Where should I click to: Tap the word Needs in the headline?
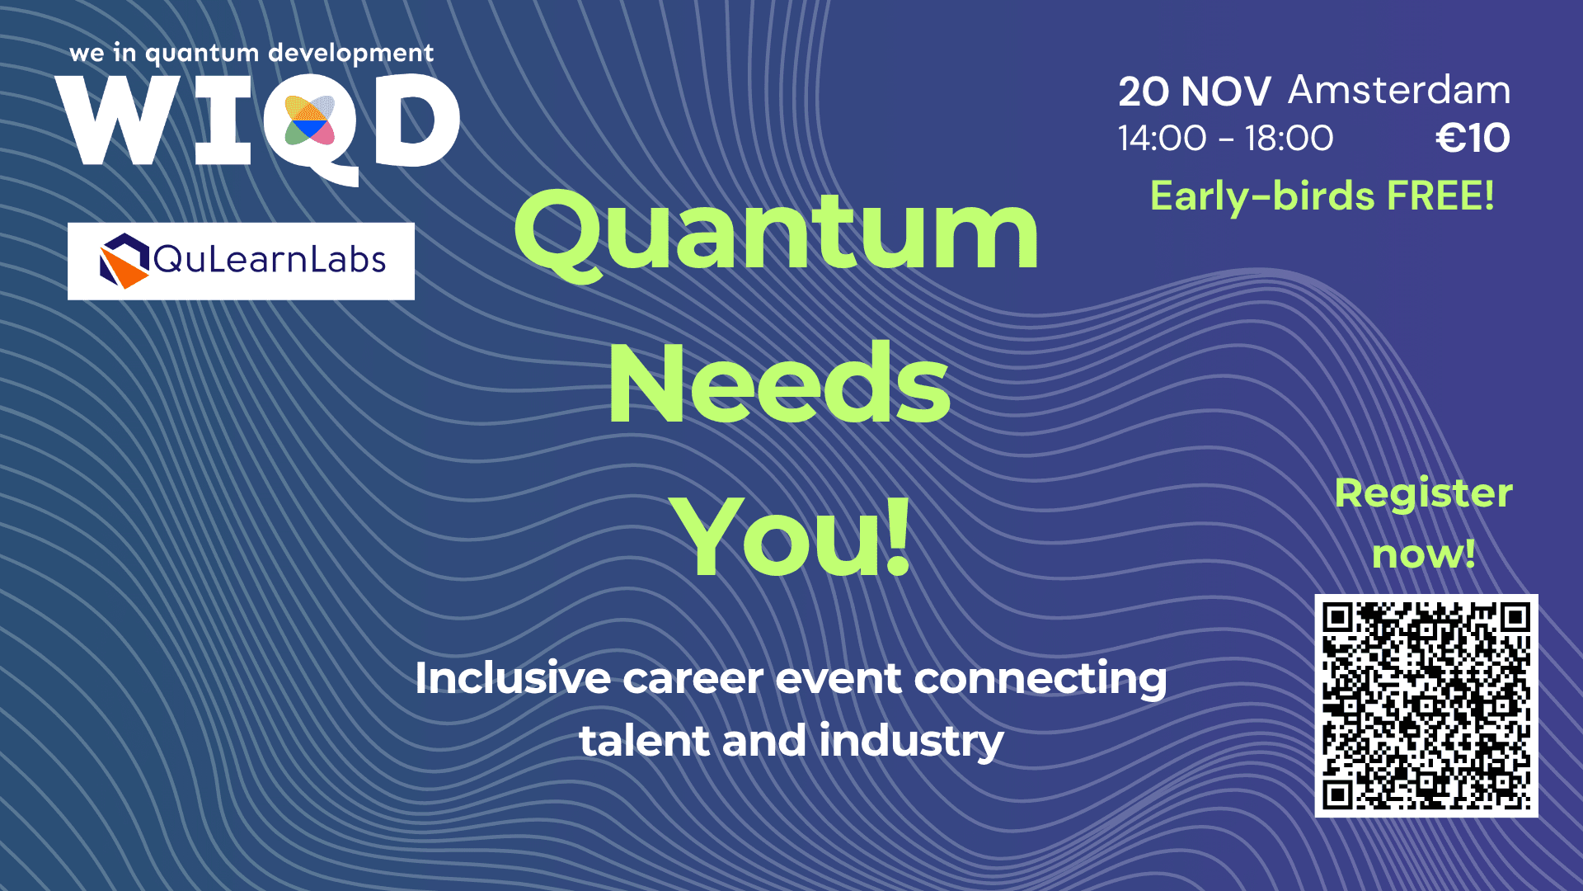[779, 384]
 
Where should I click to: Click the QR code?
[1426, 705]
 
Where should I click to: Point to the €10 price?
[1473, 138]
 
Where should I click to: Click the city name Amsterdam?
[1399, 90]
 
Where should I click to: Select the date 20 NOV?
[1194, 92]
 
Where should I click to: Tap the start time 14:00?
[1163, 138]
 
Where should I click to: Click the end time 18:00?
[1289, 138]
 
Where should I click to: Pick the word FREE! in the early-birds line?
[1440, 196]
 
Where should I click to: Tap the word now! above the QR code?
[1424, 554]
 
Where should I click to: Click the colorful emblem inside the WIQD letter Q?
[309, 120]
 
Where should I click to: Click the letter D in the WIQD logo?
[417, 120]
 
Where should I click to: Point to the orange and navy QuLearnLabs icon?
[124, 261]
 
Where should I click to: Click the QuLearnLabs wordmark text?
[270, 260]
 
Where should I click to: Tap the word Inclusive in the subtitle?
[513, 678]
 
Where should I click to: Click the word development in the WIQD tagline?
[351, 54]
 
